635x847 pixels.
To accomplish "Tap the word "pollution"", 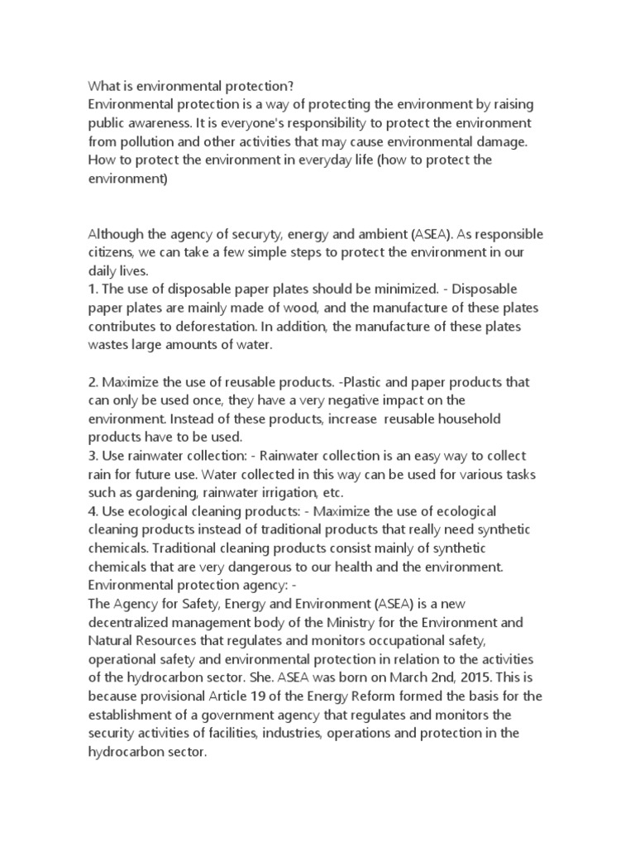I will point(150,141).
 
